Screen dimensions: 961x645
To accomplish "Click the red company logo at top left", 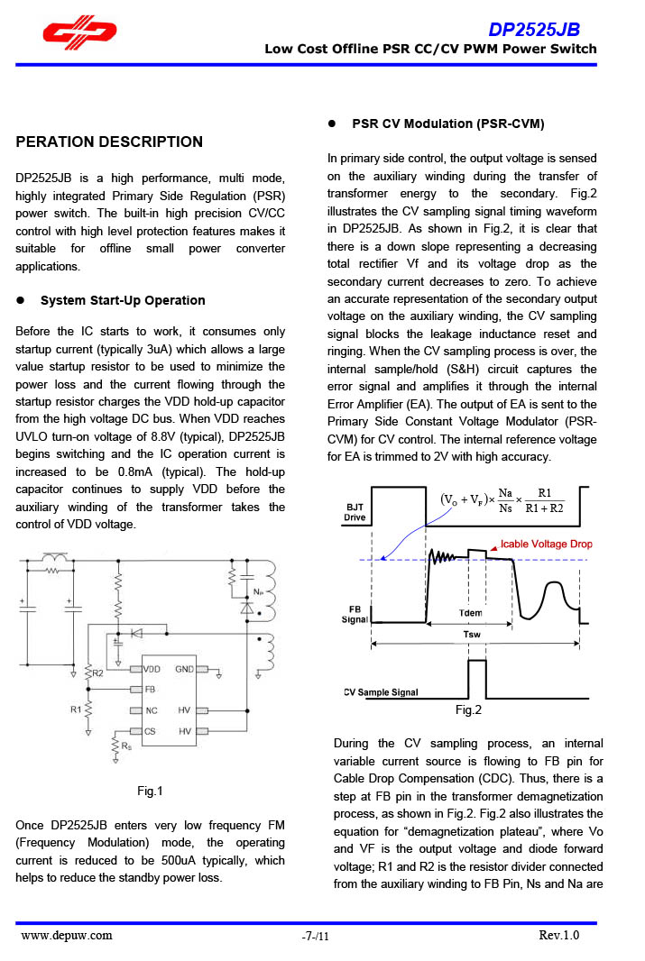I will coord(78,32).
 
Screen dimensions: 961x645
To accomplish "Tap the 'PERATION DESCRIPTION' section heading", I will coord(109,142).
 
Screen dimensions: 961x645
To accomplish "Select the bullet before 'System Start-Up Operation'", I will coord(22,300).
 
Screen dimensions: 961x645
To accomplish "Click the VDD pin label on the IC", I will coord(153,670).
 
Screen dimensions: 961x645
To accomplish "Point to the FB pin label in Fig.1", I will coord(149,689).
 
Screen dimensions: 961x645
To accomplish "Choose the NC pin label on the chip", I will coord(151,710).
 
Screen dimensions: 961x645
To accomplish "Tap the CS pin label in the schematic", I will coord(151,731).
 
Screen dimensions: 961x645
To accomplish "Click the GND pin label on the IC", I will coord(184,670).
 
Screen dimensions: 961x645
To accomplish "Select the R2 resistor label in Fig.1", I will coord(98,673).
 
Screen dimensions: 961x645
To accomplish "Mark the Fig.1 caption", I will coord(150,792).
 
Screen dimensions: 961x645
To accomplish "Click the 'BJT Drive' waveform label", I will coord(355,513).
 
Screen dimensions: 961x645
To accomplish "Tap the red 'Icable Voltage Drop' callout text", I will coord(547,545).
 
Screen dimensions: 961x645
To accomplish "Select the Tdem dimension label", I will coord(470,613).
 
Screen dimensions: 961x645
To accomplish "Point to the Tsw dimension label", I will coord(472,634).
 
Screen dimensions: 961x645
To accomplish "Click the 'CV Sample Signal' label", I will coord(381,692).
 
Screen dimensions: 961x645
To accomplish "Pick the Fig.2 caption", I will coord(468,710).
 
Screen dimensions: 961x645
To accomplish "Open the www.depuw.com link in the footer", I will coord(67,935).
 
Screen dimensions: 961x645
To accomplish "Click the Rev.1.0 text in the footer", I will coord(558,935).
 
